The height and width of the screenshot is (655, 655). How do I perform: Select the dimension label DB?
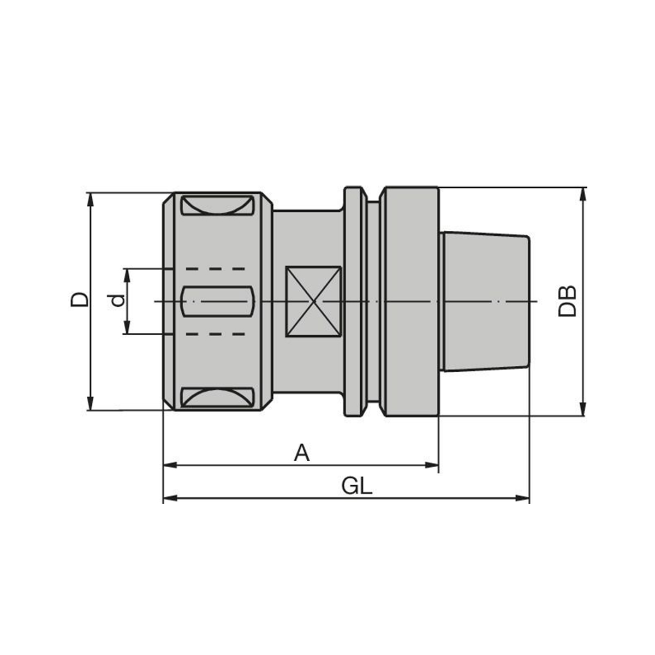[568, 301]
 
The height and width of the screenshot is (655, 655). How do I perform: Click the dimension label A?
[302, 453]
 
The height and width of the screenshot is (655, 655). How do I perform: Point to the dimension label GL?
[357, 485]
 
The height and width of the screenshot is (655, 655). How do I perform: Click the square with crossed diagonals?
[314, 301]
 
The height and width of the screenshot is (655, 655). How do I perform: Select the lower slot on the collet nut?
[218, 398]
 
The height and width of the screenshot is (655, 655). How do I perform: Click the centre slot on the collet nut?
[218, 301]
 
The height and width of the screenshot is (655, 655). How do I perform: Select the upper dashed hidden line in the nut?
[216, 269]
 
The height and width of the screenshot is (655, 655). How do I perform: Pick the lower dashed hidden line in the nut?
[216, 333]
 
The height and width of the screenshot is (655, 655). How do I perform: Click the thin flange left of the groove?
[354, 302]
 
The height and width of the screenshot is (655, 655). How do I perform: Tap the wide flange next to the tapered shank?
[411, 302]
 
